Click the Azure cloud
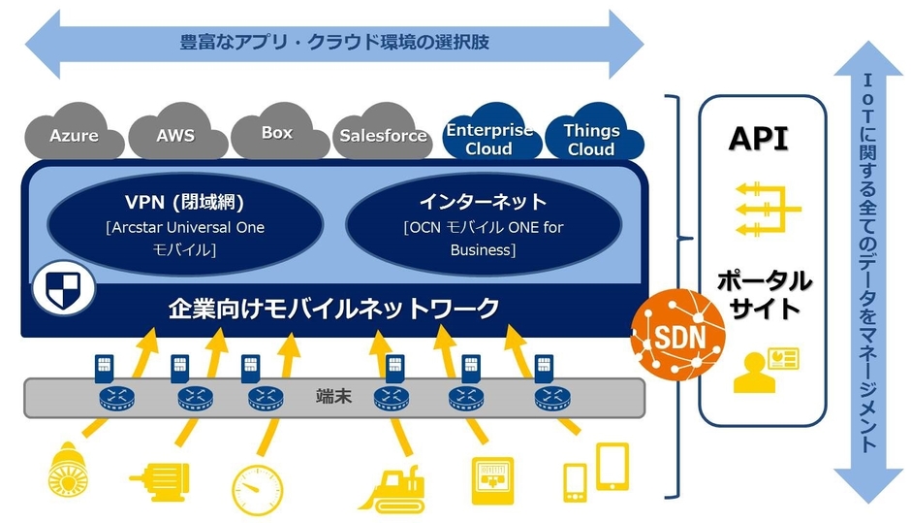75,136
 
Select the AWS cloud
175,136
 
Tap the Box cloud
277,134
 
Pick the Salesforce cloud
383,136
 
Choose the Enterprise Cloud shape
488,139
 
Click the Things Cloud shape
591,139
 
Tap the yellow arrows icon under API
765,208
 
